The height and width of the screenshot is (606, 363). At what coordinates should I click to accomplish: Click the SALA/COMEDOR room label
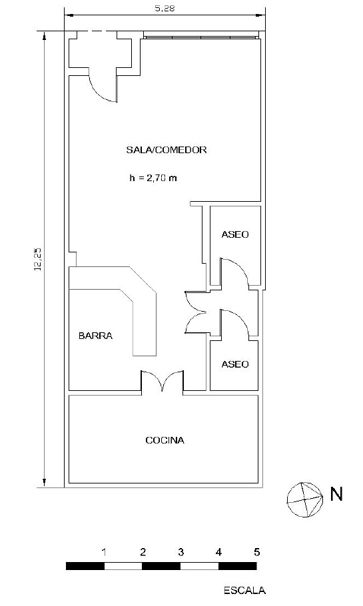(x=167, y=150)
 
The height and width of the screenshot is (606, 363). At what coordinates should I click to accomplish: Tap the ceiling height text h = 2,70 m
(x=153, y=178)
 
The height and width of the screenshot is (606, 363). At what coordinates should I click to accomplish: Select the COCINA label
(x=165, y=440)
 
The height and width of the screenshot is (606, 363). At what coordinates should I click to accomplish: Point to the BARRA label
(x=95, y=336)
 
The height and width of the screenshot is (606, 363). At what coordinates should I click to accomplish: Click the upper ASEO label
(x=235, y=234)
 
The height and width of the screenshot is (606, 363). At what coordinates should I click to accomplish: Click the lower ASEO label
(x=235, y=364)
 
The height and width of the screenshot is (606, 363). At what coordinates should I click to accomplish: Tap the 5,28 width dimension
(x=165, y=8)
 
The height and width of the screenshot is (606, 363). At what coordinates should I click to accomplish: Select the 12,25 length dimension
(x=38, y=259)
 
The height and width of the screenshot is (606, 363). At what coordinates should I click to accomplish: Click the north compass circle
(x=305, y=499)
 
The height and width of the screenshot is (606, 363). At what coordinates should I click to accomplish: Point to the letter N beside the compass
(x=336, y=494)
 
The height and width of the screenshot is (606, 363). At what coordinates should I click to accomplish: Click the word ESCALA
(x=244, y=591)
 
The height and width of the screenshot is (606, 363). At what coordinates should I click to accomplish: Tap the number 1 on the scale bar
(x=104, y=552)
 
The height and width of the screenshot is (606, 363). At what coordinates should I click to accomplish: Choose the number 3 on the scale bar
(x=181, y=552)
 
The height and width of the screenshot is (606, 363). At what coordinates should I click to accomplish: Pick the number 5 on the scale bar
(x=256, y=552)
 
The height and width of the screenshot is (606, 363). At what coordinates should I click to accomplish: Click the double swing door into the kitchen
(x=163, y=381)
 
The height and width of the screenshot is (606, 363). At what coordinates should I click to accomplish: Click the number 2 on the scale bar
(x=143, y=552)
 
